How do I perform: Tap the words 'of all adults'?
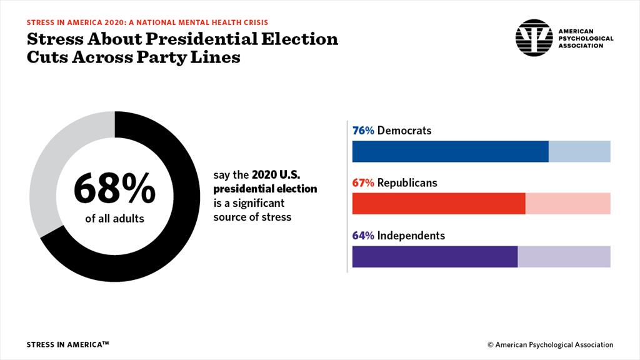tap(114, 219)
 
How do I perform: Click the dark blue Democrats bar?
tap(450, 152)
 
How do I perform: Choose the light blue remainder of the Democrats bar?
tap(579, 152)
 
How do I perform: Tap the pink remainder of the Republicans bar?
tap(567, 204)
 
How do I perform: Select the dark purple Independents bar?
tap(435, 256)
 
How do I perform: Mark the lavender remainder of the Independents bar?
tap(564, 256)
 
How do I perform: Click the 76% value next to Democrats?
tap(363, 131)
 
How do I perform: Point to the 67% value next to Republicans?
tap(363, 183)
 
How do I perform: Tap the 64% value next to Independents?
tap(363, 236)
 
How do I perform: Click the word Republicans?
tap(407, 183)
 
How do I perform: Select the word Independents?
tap(411, 236)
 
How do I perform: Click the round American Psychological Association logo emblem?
tap(534, 37)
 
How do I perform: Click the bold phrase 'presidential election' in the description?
tap(265, 189)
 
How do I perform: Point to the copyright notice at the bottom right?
tap(550, 344)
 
